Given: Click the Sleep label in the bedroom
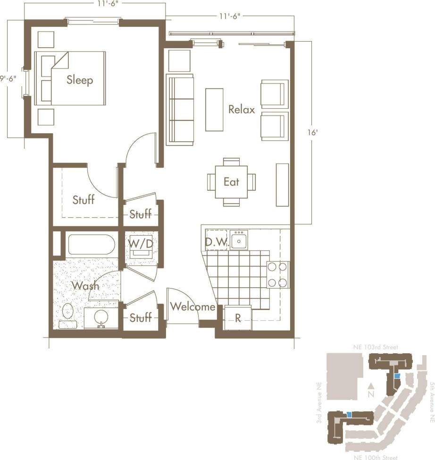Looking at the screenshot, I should (x=80, y=80).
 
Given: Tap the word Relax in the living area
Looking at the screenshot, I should (x=242, y=110).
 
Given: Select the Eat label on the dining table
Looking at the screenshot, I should (x=231, y=182).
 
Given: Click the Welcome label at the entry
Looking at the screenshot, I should (x=192, y=307).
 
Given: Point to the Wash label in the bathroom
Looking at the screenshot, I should (x=85, y=285).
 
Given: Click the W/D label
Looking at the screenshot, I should (x=140, y=244).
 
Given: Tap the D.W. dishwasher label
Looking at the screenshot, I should (x=217, y=243).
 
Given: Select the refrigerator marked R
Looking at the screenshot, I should (x=238, y=318).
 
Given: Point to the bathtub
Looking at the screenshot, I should (x=91, y=245).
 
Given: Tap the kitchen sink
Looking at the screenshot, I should (x=239, y=240).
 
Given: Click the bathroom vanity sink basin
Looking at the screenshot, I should (x=101, y=316).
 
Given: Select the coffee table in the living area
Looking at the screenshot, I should (x=214, y=110).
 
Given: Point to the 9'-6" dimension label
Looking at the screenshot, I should (x=11, y=79).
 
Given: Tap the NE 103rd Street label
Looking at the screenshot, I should (x=376, y=347).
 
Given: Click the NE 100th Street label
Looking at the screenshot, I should (x=376, y=456).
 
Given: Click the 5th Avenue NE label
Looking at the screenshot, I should (x=431, y=401).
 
